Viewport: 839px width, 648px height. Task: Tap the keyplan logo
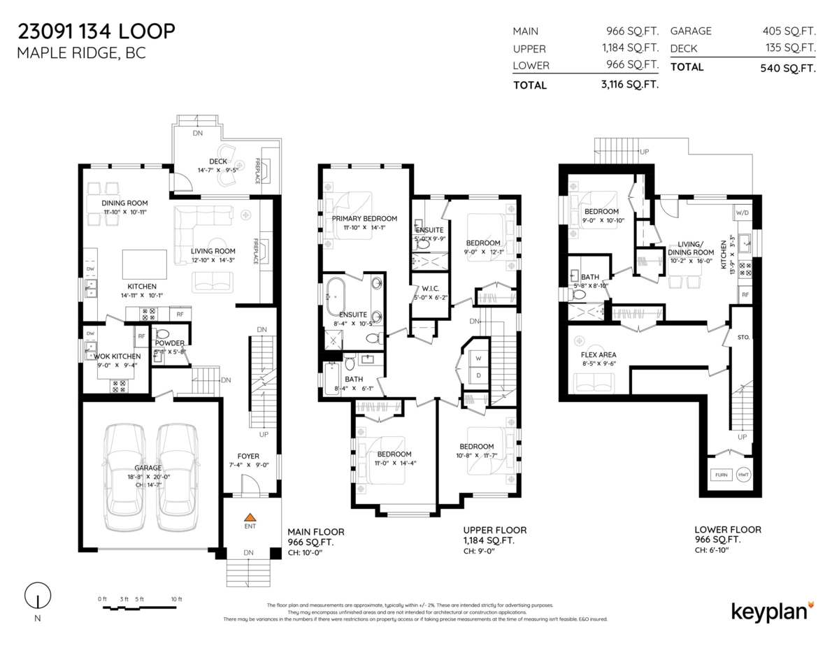point(772,610)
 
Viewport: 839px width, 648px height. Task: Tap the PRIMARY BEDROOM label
point(364,218)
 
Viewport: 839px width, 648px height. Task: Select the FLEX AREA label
point(598,354)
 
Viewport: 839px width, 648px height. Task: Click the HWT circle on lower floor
point(743,475)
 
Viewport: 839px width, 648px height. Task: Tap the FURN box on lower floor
point(721,475)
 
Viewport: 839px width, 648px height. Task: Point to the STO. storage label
point(743,337)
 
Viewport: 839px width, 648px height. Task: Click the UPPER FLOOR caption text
point(494,530)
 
